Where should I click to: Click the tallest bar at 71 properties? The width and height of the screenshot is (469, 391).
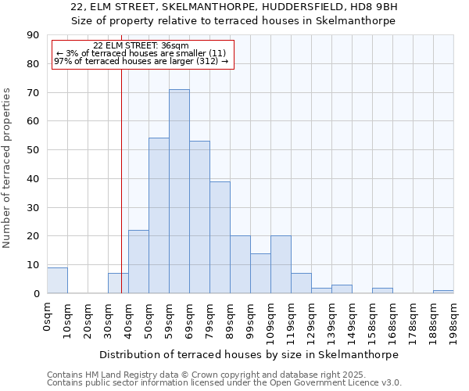tap(179, 192)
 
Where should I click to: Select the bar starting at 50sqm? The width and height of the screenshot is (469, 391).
tap(159, 216)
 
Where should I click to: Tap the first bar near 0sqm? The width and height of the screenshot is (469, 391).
tap(57, 281)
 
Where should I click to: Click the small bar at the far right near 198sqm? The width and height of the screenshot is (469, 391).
tap(443, 292)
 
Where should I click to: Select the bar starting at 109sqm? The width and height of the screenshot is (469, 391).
tap(281, 264)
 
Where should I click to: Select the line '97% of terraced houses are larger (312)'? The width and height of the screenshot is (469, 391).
tap(141, 61)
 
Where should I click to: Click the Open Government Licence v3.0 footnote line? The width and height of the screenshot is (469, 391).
tap(224, 383)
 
